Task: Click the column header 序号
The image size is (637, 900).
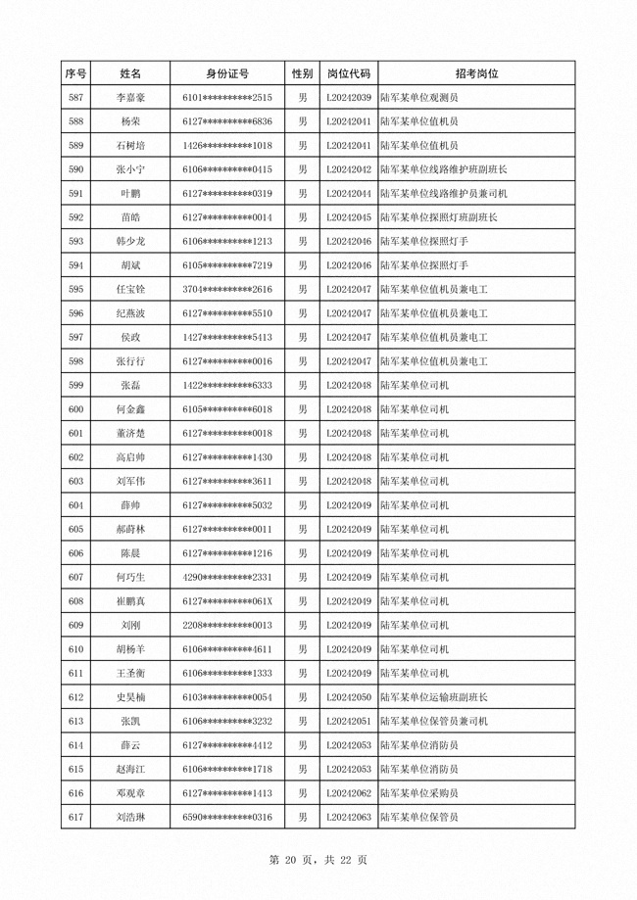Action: click(75, 73)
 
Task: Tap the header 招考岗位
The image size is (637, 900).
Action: click(476, 73)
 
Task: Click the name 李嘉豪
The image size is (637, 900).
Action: click(130, 98)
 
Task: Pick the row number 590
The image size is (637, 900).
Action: click(75, 169)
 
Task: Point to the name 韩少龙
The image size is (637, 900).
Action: click(130, 241)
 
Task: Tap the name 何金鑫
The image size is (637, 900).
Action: click(130, 409)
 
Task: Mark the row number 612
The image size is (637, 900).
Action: click(75, 697)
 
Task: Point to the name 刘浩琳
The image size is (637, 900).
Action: click(130, 817)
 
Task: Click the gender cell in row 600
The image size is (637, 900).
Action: click(302, 409)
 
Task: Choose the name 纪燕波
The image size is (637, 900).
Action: click(130, 313)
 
